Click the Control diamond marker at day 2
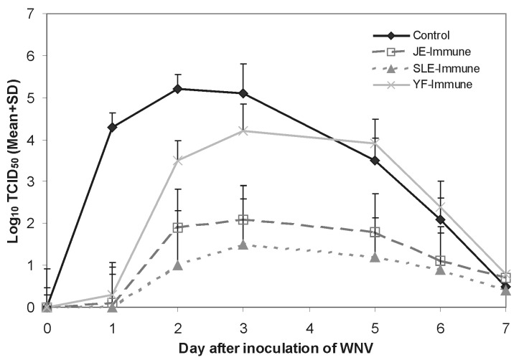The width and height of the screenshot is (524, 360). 178,89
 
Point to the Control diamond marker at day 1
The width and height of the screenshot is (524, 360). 113,127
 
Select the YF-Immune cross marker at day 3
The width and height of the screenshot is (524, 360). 243,131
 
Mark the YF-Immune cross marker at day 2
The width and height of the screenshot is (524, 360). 178,161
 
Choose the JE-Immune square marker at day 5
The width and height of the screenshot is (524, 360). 374,232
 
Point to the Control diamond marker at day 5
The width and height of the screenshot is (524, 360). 374,161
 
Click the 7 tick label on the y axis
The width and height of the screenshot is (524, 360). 29,14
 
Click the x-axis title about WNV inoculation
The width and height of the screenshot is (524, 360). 276,347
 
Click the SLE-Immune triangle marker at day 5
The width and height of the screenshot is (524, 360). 374,257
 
